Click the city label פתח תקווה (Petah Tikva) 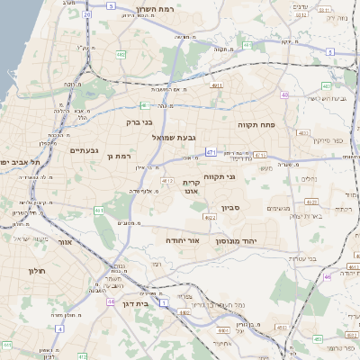tap(261, 124)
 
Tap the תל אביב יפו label tap(17, 162)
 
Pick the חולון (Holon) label tap(37, 271)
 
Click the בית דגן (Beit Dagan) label tap(133, 292)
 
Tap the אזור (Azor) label tap(63, 243)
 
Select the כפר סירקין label tap(328, 140)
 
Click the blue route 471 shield tap(209, 153)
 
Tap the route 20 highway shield tap(85, 14)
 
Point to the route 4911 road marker tap(216, 85)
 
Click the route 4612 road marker tap(166, 181)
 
